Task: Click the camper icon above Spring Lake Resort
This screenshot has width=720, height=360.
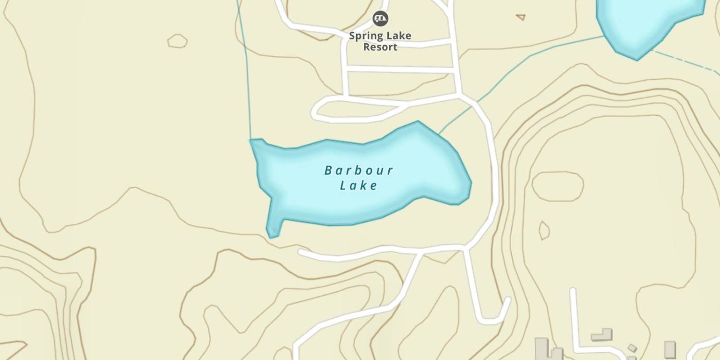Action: point(381,19)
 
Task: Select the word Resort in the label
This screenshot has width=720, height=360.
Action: point(380,47)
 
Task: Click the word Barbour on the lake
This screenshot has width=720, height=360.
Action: point(359,170)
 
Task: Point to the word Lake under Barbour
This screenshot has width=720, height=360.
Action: point(359,185)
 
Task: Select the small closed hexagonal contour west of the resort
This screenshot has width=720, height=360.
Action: point(178,41)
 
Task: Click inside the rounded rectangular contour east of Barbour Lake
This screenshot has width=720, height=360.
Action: point(558,186)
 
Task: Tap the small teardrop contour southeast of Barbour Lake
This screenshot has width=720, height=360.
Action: point(544,230)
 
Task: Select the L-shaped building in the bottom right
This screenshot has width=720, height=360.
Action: point(603,335)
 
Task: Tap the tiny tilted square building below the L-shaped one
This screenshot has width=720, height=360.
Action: point(632,348)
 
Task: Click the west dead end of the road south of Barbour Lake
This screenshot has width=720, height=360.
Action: point(301,252)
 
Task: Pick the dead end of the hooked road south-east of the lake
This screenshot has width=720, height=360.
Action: point(507,300)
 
